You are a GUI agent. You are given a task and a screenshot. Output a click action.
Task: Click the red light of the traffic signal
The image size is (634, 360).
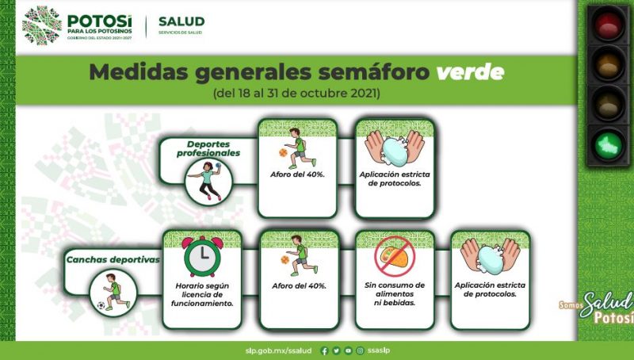tap(608, 25)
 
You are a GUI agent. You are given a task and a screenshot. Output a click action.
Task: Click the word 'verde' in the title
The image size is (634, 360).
tap(470, 72)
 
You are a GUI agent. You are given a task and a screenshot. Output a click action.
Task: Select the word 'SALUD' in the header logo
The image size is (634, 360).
tap(181, 21)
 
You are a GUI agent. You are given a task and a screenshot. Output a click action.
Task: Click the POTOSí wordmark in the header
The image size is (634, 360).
tap(100, 21)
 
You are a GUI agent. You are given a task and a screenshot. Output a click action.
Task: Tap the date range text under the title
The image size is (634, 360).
tap(296, 94)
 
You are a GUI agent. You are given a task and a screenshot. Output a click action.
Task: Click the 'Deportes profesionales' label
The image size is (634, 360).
tap(208, 148)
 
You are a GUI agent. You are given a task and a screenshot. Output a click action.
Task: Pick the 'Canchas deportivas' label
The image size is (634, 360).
tap(113, 259)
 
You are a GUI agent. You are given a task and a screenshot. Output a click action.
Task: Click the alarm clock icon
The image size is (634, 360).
tap(203, 255)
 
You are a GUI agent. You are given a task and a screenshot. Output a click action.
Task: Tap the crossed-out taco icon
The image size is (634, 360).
tap(395, 257)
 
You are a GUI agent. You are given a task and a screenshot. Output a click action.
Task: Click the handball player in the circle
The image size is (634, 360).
tap(208, 182)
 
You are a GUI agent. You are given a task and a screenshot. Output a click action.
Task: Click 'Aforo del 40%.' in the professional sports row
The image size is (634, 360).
tap(298, 174)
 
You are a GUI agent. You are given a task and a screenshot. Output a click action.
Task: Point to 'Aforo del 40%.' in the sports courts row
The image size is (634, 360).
tap(300, 286)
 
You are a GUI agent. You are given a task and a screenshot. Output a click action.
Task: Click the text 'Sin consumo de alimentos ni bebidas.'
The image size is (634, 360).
tap(395, 293)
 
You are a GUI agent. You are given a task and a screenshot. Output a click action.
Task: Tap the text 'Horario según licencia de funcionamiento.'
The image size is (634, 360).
tap(202, 294)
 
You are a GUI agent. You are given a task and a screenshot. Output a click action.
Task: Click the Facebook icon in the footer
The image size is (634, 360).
tap(324, 350)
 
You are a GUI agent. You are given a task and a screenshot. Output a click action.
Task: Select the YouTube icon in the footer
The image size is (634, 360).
tap(348, 350)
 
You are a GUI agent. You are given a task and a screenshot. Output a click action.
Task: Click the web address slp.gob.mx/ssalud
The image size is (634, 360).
tap(279, 350)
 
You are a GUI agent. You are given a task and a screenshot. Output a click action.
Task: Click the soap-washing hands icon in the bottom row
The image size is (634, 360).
tap(490, 256)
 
